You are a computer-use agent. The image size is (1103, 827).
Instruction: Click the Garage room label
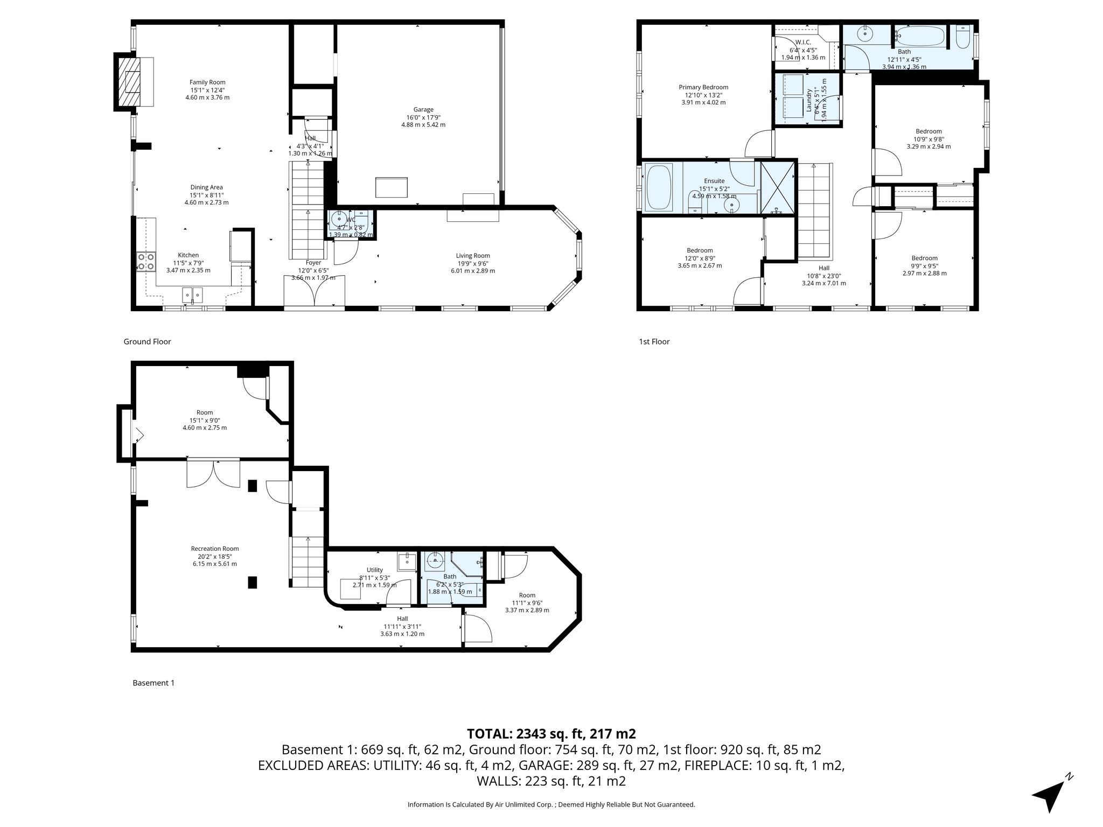423,110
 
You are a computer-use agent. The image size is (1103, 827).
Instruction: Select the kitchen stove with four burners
146,262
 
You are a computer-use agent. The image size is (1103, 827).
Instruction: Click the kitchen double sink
192,294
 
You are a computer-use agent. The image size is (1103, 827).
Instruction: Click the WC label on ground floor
351,220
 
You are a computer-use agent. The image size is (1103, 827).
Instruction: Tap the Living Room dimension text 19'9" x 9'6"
473,263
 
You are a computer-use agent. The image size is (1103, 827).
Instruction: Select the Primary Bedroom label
703,87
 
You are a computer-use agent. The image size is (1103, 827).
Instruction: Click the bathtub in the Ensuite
658,187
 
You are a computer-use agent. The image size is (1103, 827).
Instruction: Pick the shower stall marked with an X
778,187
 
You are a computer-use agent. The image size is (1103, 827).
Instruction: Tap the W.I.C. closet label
803,42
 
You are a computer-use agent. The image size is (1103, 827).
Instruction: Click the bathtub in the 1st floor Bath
920,37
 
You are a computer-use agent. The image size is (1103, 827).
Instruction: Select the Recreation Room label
215,549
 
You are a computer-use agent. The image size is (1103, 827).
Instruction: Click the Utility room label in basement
375,570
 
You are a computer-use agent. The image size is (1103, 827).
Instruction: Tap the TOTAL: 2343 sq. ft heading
551,733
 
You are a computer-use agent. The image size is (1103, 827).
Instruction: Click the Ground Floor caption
147,341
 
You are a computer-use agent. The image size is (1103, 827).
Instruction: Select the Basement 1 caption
153,683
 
